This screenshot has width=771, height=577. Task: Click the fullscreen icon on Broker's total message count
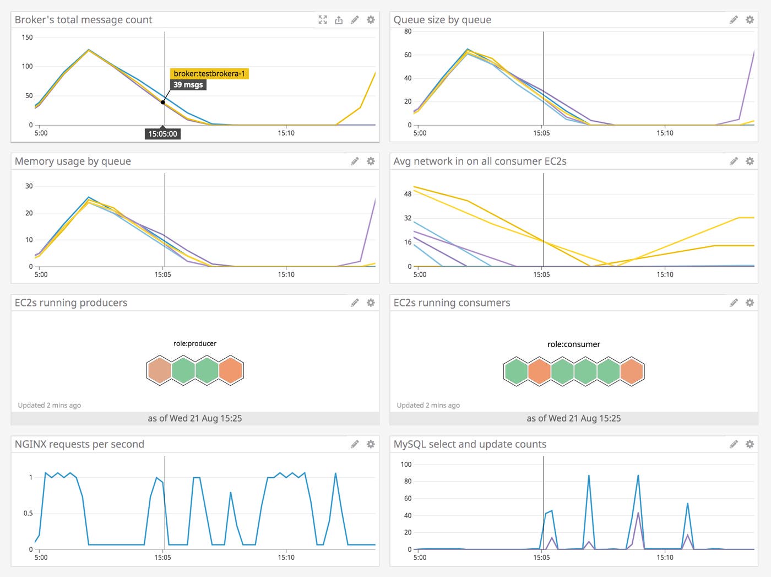click(x=323, y=20)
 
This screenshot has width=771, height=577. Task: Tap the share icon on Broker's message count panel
click(x=339, y=20)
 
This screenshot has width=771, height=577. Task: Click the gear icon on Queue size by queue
click(x=750, y=20)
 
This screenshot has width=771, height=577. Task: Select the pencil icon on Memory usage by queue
click(x=355, y=161)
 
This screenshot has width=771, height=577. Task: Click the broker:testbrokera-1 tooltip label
click(x=209, y=73)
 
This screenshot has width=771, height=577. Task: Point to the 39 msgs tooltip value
click(x=188, y=85)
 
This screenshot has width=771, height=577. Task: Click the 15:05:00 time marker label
click(x=162, y=134)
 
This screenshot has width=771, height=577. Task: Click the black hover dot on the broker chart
click(x=163, y=102)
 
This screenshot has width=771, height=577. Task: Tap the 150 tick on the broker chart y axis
click(x=27, y=37)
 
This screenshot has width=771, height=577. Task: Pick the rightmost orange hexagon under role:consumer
click(x=632, y=371)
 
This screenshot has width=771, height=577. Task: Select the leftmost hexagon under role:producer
click(x=160, y=370)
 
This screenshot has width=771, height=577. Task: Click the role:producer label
click(x=195, y=343)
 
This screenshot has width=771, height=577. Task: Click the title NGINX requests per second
click(x=79, y=444)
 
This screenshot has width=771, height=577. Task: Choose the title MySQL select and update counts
click(x=470, y=444)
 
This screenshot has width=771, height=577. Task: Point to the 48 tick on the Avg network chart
click(x=408, y=194)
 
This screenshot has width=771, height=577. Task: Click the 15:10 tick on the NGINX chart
click(x=286, y=557)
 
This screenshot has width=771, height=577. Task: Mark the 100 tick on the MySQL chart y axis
click(x=406, y=465)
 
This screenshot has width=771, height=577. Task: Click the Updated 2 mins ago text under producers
click(x=50, y=405)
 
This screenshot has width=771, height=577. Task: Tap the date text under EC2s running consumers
click(x=573, y=418)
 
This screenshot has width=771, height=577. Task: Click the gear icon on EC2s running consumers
click(x=750, y=303)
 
